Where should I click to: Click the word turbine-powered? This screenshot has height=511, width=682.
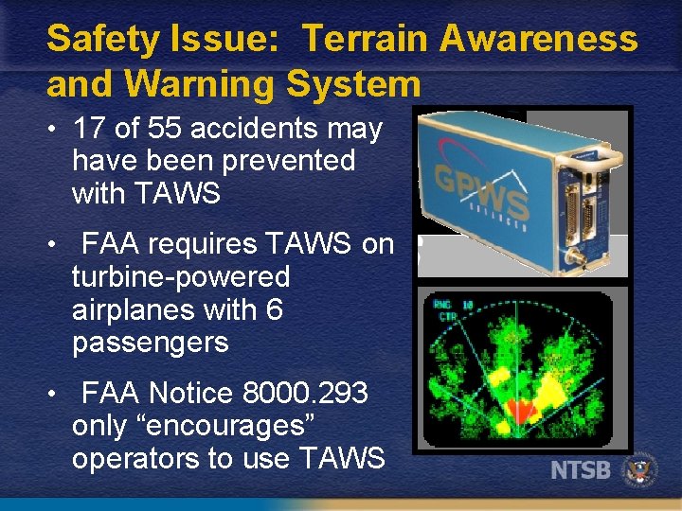(x=180, y=277)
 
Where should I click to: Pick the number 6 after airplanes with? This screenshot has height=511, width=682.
(x=274, y=309)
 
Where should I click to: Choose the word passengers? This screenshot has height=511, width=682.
(x=150, y=342)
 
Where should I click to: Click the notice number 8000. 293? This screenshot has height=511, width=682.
(x=304, y=393)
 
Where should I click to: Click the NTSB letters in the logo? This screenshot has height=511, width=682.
(x=581, y=470)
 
